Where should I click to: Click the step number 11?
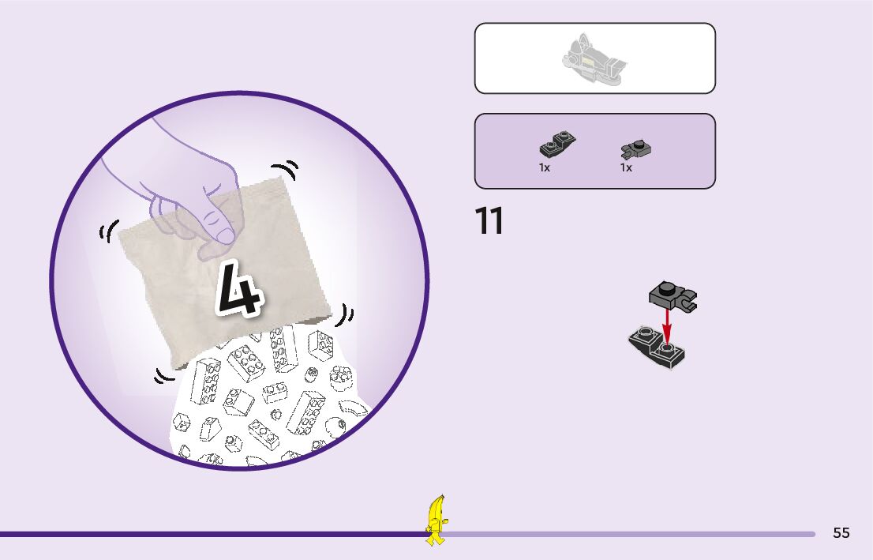click(x=489, y=221)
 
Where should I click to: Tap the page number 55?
click(x=841, y=533)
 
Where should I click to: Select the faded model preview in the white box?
click(x=594, y=58)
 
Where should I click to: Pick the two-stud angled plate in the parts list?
click(x=558, y=144)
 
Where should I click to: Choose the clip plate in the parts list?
click(x=636, y=148)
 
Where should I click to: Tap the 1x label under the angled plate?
click(x=545, y=168)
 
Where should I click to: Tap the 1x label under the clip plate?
click(x=626, y=168)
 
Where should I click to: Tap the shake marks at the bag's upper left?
click(x=107, y=231)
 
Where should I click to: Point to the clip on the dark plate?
click(x=691, y=299)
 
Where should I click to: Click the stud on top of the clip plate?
click(x=668, y=288)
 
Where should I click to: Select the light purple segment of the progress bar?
click(x=631, y=534)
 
